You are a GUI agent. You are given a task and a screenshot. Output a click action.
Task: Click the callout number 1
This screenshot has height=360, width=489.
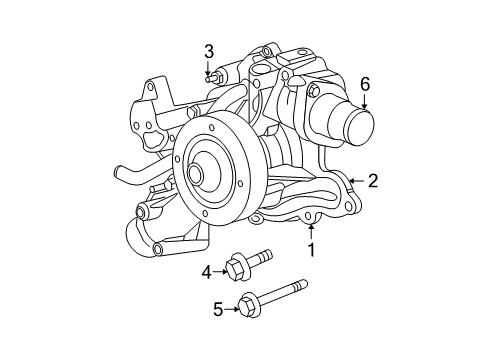click(x=311, y=250)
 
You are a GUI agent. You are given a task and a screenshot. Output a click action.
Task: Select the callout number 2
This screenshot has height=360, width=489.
click(x=372, y=181)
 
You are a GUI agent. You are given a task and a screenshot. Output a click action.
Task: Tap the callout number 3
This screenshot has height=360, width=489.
click(x=209, y=51)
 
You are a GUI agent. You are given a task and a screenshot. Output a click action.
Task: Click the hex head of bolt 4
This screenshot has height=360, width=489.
click(x=236, y=268)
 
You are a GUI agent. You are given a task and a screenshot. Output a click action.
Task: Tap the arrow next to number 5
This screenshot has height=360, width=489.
click(x=234, y=309)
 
